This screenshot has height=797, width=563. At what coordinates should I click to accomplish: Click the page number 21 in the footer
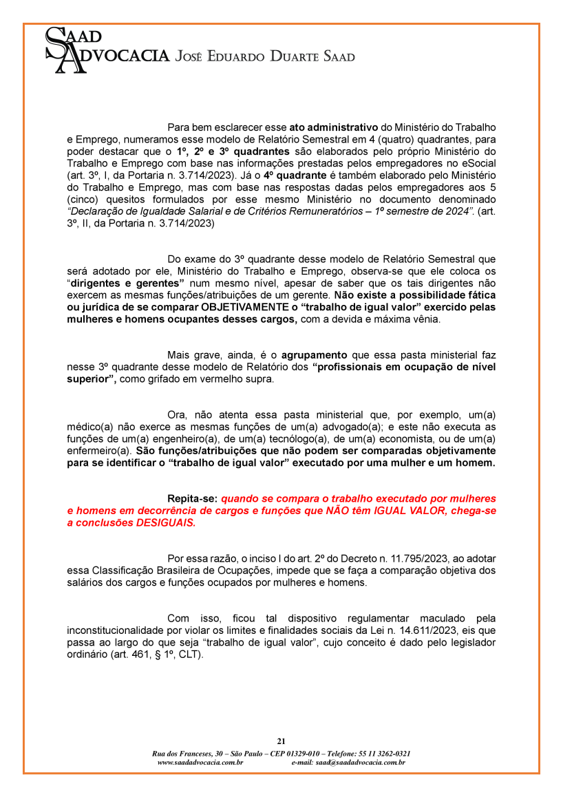281,741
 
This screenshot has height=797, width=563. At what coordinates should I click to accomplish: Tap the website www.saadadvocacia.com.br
200,762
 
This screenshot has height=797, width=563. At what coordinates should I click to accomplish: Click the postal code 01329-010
288,754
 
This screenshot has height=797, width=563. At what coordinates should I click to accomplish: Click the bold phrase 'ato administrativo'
333,127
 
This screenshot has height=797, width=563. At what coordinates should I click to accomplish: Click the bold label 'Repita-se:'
193,498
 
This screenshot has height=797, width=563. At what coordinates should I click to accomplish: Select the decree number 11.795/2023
384,558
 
